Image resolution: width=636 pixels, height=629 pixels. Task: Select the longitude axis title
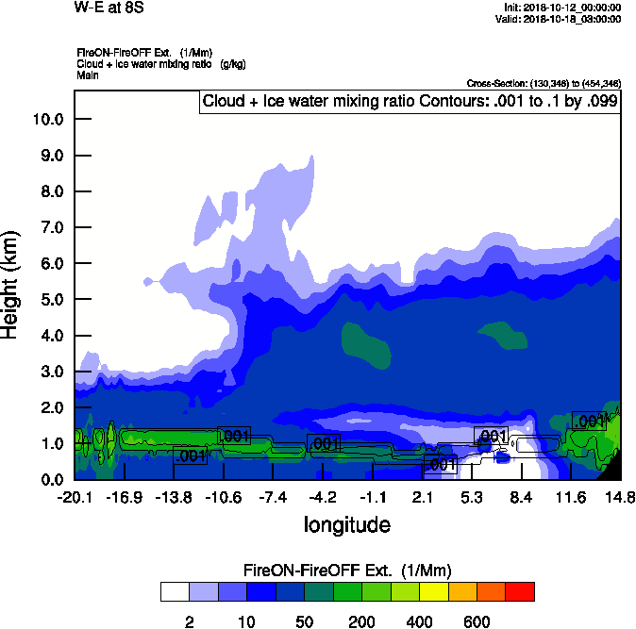click(346, 524)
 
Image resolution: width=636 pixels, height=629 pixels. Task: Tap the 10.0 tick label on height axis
click(46, 120)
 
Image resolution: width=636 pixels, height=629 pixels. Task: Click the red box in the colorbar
click(521, 592)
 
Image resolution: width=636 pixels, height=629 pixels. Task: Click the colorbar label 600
click(477, 621)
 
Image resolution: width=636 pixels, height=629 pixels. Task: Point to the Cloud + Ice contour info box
click(410, 102)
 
